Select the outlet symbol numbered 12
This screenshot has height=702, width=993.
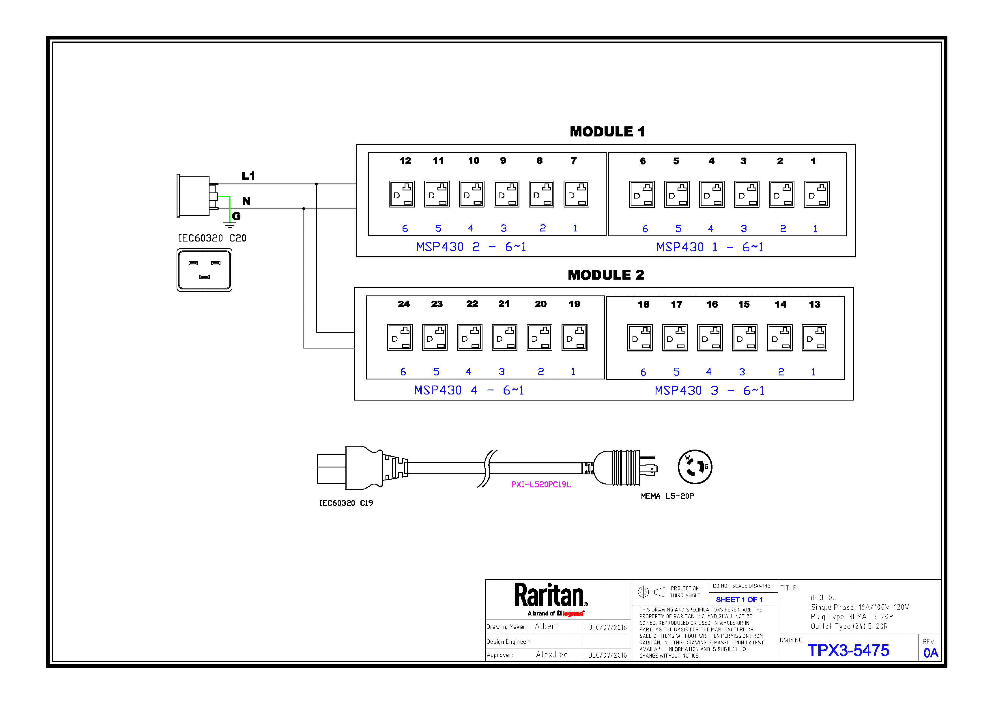402,194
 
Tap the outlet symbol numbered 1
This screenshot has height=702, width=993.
817,195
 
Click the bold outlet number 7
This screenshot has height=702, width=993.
574,160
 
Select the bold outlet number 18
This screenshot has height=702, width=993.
644,304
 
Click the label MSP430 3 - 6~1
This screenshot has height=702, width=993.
710,391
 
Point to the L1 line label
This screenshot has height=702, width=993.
248,176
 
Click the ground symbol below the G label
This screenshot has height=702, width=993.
229,225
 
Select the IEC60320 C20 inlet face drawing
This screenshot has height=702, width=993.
205,270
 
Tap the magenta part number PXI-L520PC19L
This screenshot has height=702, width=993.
541,484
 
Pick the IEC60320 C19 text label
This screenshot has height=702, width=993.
346,503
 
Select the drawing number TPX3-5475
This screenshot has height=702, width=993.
848,650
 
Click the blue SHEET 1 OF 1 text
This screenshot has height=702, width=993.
739,600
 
